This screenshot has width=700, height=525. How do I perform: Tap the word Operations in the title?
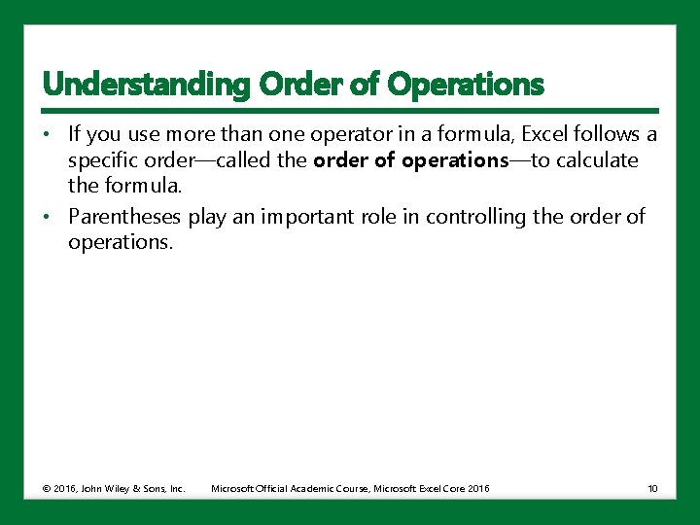coord(465,85)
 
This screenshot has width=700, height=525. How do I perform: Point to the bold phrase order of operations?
coord(410,160)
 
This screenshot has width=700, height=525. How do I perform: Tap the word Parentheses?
coord(124,216)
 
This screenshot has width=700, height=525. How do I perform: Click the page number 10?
coord(652,488)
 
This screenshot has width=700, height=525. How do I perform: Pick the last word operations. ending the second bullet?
coord(121,242)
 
